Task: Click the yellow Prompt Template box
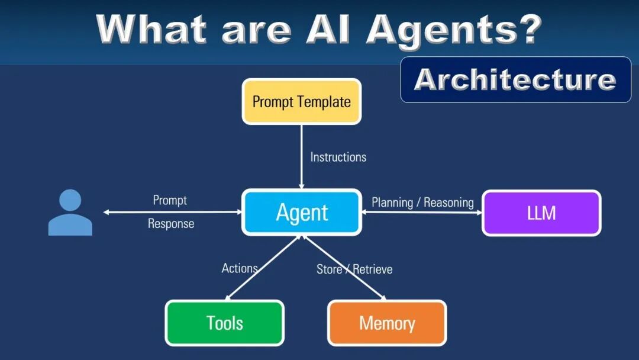click(301, 102)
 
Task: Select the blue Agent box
click(302, 212)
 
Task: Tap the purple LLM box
click(541, 213)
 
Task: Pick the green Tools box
click(224, 323)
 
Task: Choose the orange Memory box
click(387, 323)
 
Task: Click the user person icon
click(70, 213)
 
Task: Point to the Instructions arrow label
click(338, 157)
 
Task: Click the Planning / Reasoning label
click(422, 202)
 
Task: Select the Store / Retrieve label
click(354, 269)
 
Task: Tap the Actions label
click(240, 268)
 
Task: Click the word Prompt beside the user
click(170, 200)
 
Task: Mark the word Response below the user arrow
click(171, 224)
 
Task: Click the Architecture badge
click(515, 79)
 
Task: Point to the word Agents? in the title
click(453, 30)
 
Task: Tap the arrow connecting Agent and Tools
click(263, 268)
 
